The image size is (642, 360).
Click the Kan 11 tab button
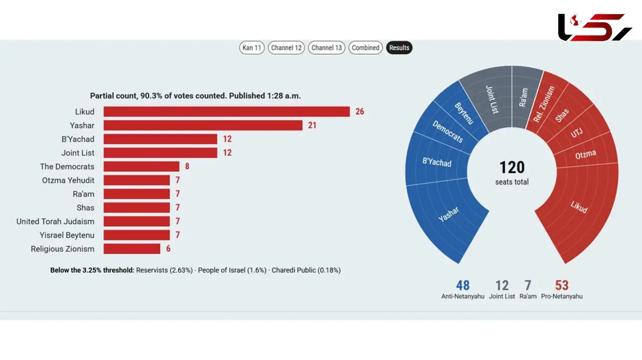pyautogui.click(x=252, y=48)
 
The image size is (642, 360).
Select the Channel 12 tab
pyautogui.click(x=286, y=48)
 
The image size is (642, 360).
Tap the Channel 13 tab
pyautogui.click(x=327, y=48)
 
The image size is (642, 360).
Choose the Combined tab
pyautogui.click(x=366, y=48)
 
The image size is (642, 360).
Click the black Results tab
pyautogui.click(x=399, y=48)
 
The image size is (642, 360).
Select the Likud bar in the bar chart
pyautogui.click(x=227, y=111)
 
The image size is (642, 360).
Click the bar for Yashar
pyautogui.click(x=203, y=125)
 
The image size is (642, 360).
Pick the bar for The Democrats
pyautogui.click(x=141, y=166)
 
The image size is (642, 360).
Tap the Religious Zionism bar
pyautogui.click(x=132, y=249)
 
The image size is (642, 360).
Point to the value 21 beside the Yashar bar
pyautogui.click(x=312, y=125)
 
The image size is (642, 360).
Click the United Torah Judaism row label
pyautogui.click(x=55, y=222)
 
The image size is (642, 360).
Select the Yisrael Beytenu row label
pyautogui.click(x=67, y=235)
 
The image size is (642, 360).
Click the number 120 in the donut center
pyautogui.click(x=512, y=167)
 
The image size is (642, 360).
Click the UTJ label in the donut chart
pyautogui.click(x=576, y=133)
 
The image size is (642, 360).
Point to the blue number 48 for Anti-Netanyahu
pyautogui.click(x=462, y=285)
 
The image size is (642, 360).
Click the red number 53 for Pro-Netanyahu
pyautogui.click(x=562, y=285)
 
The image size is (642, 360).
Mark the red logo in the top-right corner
pyautogui.click(x=595, y=27)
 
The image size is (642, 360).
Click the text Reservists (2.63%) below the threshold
pyautogui.click(x=164, y=270)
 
